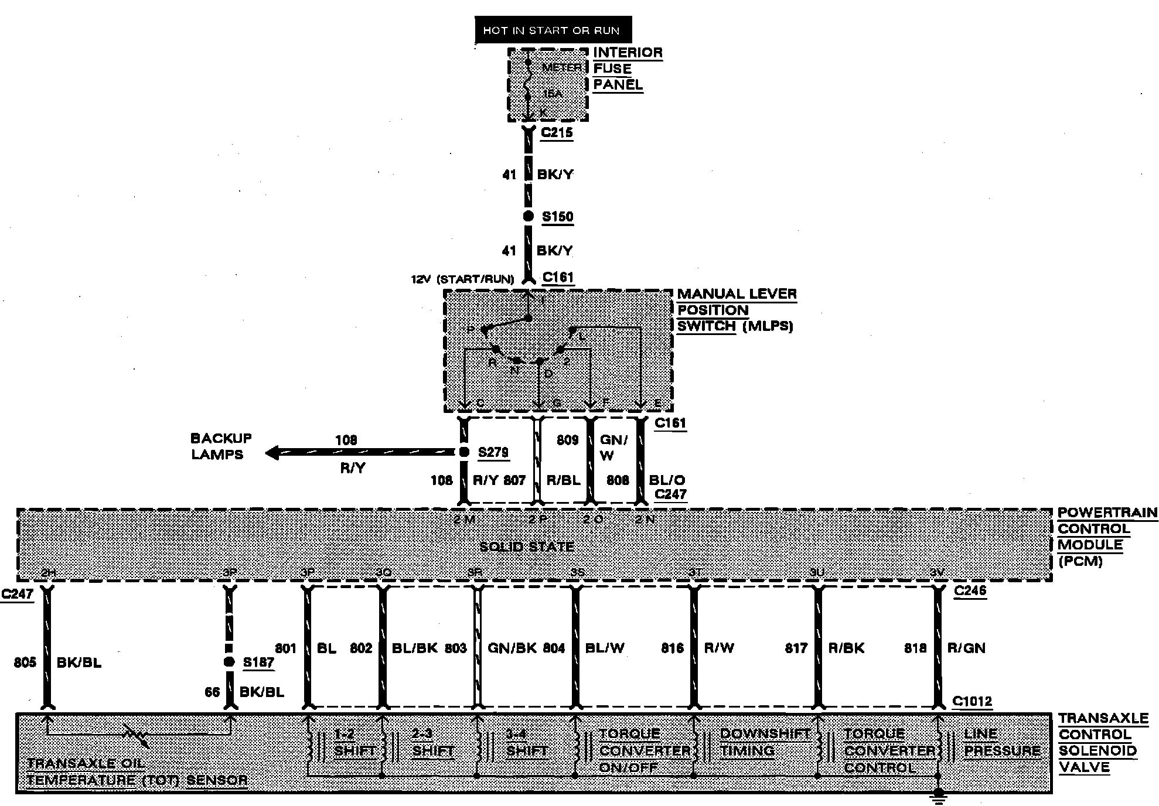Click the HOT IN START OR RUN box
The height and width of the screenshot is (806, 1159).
553,30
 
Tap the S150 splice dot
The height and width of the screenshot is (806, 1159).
528,217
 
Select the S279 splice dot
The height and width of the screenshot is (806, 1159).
463,452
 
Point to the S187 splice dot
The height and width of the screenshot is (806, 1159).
230,662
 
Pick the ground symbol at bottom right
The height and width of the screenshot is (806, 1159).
938,794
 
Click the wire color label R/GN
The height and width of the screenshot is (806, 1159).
966,648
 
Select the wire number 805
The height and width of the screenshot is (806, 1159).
25,662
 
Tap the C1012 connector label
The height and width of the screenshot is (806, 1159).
972,701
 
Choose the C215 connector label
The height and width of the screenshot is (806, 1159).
557,132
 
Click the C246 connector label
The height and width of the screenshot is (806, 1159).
970,590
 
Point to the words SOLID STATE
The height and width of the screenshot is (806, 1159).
527,547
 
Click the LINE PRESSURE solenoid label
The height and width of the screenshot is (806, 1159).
1002,742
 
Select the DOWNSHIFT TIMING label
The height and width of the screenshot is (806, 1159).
764,742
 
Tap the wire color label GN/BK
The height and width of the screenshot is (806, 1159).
512,648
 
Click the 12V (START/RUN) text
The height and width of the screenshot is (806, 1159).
462,279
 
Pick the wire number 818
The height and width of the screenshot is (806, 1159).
915,648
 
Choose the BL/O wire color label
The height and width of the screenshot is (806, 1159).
667,480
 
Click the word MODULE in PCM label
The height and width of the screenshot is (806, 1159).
1090,545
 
